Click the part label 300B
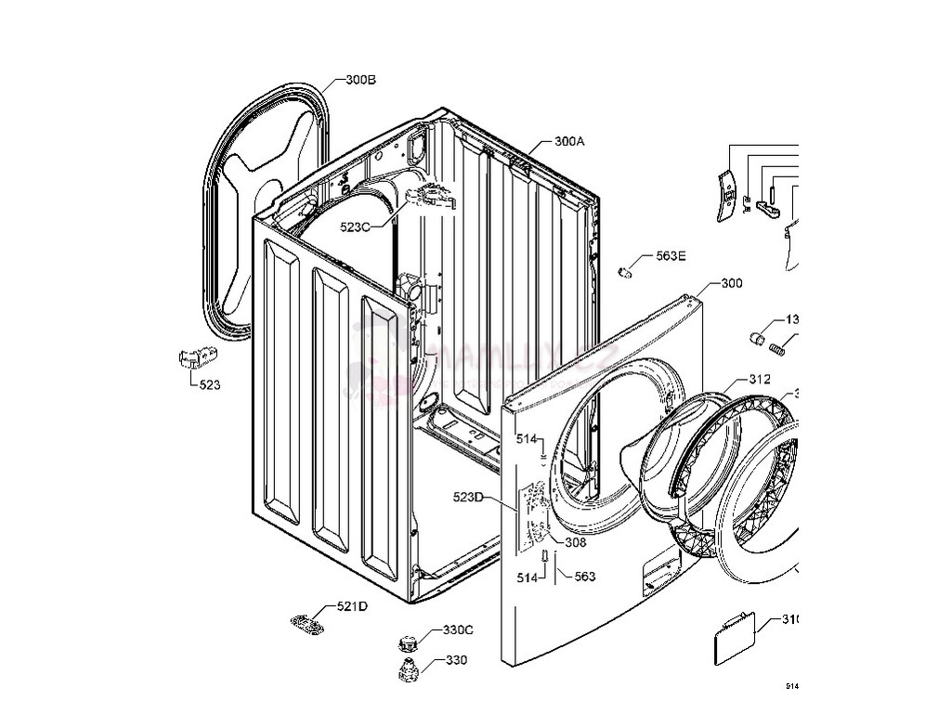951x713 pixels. (x=360, y=81)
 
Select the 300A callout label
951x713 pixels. (x=569, y=142)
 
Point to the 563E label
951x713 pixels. (x=671, y=257)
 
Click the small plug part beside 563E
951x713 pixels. (x=626, y=271)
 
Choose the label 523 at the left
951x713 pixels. (x=210, y=384)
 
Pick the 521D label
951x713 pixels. (x=352, y=606)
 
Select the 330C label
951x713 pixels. (x=457, y=630)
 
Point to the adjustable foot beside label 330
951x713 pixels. (x=408, y=671)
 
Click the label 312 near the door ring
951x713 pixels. (x=760, y=380)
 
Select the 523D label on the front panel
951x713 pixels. (x=469, y=497)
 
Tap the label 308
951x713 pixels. (x=575, y=543)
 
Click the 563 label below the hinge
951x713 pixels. (x=584, y=577)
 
